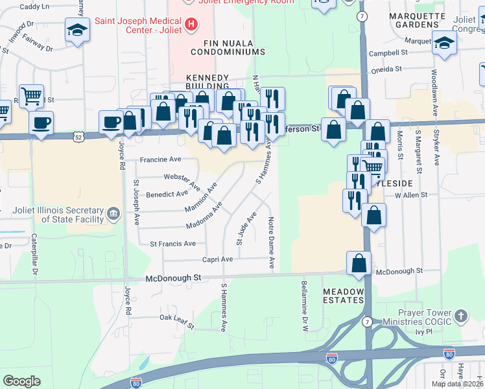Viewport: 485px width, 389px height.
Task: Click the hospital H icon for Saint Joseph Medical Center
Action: point(191,25)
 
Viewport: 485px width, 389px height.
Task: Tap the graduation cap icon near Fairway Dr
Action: point(77,30)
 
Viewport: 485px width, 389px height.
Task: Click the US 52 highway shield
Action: point(79,137)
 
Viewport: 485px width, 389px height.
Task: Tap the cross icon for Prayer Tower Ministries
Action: point(460,316)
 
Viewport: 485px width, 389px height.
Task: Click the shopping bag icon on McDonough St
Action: point(359,263)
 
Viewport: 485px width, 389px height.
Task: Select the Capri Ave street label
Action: point(218,259)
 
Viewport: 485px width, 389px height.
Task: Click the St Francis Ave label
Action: point(172,244)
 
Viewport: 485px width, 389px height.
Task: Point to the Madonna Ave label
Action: point(204,216)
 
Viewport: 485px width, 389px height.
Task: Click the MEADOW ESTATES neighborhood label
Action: point(344,296)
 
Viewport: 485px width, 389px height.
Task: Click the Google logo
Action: point(21,381)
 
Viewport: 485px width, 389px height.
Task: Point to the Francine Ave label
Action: point(161,159)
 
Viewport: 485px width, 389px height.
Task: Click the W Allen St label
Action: point(412,194)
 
